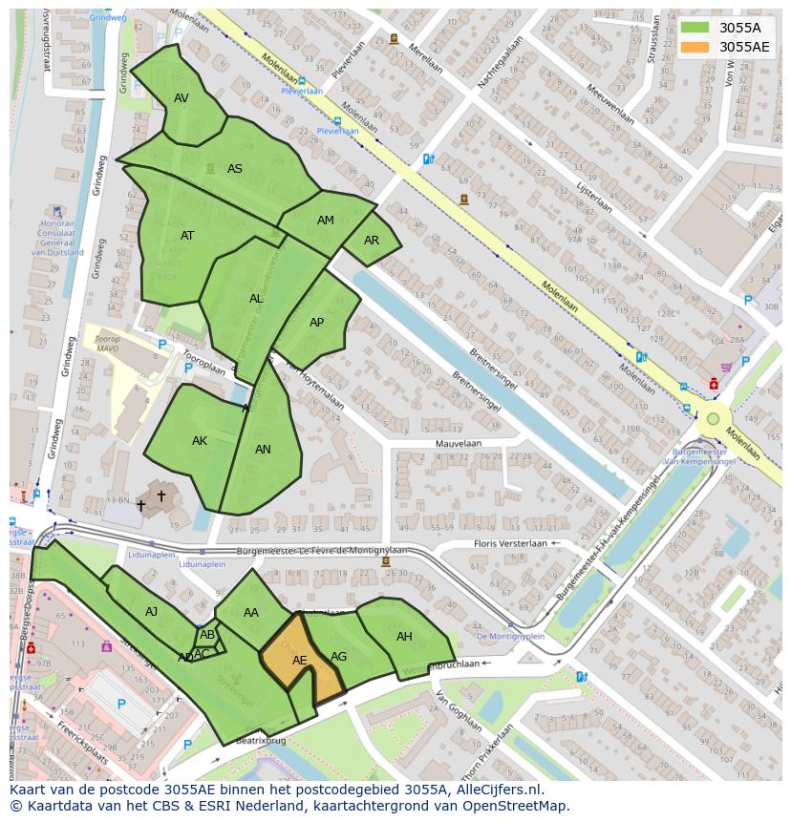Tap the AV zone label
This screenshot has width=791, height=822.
point(182,98)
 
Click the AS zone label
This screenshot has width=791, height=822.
point(235,169)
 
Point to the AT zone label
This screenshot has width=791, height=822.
point(187,236)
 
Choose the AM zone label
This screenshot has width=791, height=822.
point(326,221)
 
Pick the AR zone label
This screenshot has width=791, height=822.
point(372,241)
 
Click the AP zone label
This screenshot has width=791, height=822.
point(317,323)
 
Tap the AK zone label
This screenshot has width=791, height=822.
point(200,441)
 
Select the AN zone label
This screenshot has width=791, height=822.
point(263,450)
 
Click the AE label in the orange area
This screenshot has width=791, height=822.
point(300,661)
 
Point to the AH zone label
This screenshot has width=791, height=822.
point(404,637)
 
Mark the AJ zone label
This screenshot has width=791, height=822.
point(152,612)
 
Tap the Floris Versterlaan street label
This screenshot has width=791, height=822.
point(510,544)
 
